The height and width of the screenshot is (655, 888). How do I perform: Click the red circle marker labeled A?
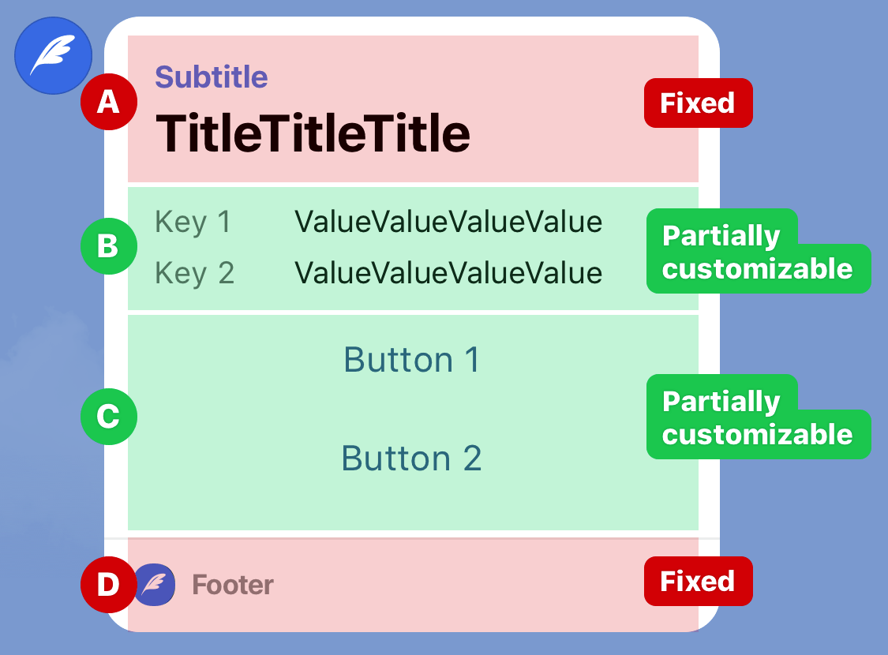point(109,102)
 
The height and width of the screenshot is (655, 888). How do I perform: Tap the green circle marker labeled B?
point(109,246)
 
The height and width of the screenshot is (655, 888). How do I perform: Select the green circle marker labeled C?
point(109,417)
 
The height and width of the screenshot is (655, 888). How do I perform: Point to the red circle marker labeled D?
point(109,584)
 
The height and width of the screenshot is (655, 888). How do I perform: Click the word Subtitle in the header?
point(212,77)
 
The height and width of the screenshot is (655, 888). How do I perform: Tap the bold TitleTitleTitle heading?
point(313,133)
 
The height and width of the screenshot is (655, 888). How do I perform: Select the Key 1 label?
point(193,222)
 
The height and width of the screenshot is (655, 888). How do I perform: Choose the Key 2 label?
point(194,273)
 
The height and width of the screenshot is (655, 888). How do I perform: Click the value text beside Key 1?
point(448,222)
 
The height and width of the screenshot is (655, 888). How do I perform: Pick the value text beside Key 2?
point(448,273)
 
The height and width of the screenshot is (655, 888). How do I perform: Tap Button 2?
point(412,458)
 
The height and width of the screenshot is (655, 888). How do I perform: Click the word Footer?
point(233,585)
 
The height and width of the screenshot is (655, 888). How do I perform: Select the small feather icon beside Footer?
point(155,584)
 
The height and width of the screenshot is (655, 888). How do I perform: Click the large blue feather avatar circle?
point(53,55)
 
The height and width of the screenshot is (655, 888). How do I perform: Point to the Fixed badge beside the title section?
point(699,103)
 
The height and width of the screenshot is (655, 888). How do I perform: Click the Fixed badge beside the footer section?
point(699,582)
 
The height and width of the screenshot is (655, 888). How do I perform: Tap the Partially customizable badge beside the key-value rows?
point(758,252)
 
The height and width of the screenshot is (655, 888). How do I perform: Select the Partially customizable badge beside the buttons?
point(758,417)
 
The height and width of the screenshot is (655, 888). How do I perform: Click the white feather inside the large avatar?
point(52,54)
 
